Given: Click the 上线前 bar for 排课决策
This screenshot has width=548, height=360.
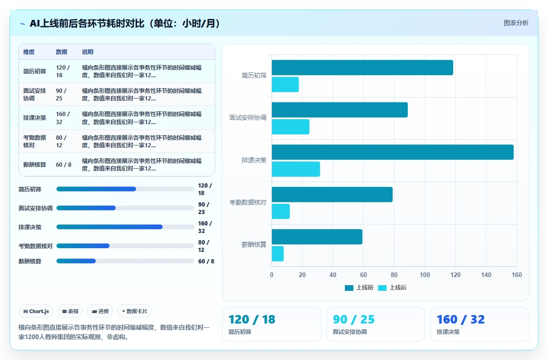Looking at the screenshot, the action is point(393,152).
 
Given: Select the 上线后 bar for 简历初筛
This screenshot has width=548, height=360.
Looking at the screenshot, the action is point(285,84).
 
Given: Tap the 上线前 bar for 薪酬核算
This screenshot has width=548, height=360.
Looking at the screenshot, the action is point(317,237).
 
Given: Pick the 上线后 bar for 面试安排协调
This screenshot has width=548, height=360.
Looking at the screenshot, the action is point(291,127).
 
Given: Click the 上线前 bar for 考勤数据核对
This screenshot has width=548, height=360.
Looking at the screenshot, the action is point(332,195).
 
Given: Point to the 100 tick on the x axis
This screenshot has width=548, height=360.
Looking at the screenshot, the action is point(425,275).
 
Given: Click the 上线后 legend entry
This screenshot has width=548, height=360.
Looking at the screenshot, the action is point(392,288).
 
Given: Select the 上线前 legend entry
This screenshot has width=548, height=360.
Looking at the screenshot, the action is point(359,288).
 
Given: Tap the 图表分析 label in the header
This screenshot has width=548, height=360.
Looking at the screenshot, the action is point(516,23).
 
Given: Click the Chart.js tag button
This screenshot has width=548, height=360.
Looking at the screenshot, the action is point(36,311).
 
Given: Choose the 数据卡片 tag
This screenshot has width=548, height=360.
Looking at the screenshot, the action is point(135,311).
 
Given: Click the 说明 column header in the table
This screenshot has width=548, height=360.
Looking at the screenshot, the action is point(88,52).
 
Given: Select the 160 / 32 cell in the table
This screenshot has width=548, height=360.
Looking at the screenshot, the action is point(63,118).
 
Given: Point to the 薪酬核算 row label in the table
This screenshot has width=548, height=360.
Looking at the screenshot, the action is point(35,164).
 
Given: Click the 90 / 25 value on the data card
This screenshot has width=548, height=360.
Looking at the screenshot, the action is point(353,319).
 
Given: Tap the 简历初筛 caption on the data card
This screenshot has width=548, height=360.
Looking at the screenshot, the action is point(240,332).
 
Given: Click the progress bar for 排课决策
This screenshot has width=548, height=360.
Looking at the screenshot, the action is point(125,227).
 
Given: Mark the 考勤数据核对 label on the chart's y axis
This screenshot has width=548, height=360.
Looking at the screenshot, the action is point(248,202).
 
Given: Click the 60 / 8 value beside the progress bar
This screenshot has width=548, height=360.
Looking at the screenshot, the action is point(206,261).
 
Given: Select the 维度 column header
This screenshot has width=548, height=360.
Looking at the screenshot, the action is point(29,52).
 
